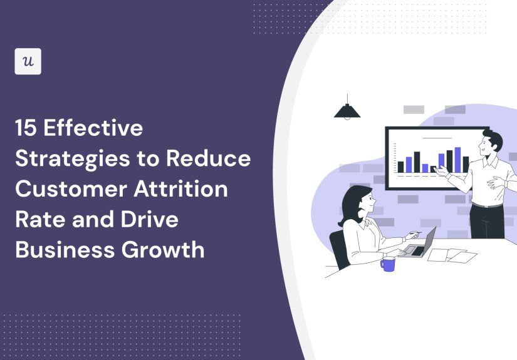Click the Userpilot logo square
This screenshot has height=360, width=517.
(28, 61)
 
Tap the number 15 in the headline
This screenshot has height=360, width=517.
(26, 129)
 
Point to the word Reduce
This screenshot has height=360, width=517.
(209, 159)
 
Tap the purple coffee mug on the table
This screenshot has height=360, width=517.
(388, 264)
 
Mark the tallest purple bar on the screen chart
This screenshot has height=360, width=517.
(457, 160)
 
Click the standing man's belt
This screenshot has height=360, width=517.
(487, 205)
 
